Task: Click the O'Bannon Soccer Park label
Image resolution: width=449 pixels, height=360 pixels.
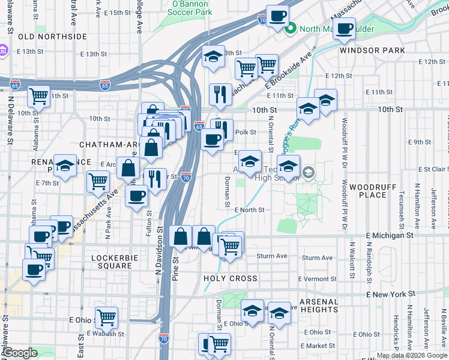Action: pyautogui.click(x=191, y=7)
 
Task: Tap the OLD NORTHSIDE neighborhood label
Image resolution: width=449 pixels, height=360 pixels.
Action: pyautogui.click(x=52, y=37)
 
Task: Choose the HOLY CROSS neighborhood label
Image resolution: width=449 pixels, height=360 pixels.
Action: pyautogui.click(x=231, y=278)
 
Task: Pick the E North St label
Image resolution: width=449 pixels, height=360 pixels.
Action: pyautogui.click(x=250, y=210)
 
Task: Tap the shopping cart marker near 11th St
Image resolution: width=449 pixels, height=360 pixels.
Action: pyautogui.click(x=39, y=95)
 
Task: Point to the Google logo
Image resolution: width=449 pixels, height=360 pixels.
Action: pyautogui.click(x=20, y=353)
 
